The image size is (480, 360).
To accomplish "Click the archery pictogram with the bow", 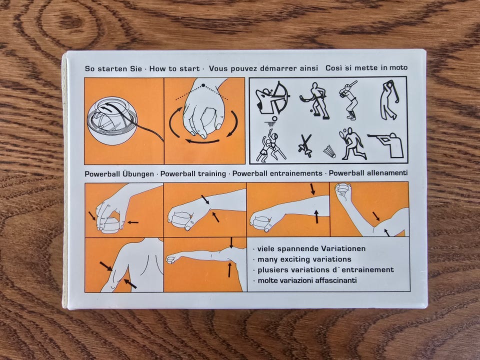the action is tap(272, 98).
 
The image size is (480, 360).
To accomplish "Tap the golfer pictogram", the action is tap(389, 100).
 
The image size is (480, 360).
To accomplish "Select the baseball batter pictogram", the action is tap(349, 100).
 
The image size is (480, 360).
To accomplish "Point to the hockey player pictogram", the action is tap(315, 100).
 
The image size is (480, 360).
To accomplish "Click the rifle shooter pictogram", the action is tap(386, 145).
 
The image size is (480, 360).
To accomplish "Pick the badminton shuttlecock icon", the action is tap(329, 151).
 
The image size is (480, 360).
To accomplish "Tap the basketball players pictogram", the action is tap(269, 141).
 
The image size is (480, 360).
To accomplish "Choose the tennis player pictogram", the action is tap(352, 143).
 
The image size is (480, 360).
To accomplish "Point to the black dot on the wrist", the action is tap(203, 85).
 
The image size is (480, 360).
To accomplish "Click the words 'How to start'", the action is tap(174, 68).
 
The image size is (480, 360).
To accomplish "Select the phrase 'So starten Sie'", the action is tap(113, 68).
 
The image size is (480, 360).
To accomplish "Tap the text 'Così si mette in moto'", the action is tap(366, 67).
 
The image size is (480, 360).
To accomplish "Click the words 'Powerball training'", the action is tap(193, 174).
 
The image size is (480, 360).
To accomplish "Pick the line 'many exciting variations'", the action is tap(304, 259).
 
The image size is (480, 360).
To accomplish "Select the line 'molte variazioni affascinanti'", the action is tap(307, 280).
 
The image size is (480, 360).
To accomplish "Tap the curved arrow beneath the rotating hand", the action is tap(202, 141).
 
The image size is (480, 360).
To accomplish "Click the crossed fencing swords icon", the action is tap(305, 145).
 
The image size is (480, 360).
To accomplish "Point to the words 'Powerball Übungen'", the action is tap(119, 174).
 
